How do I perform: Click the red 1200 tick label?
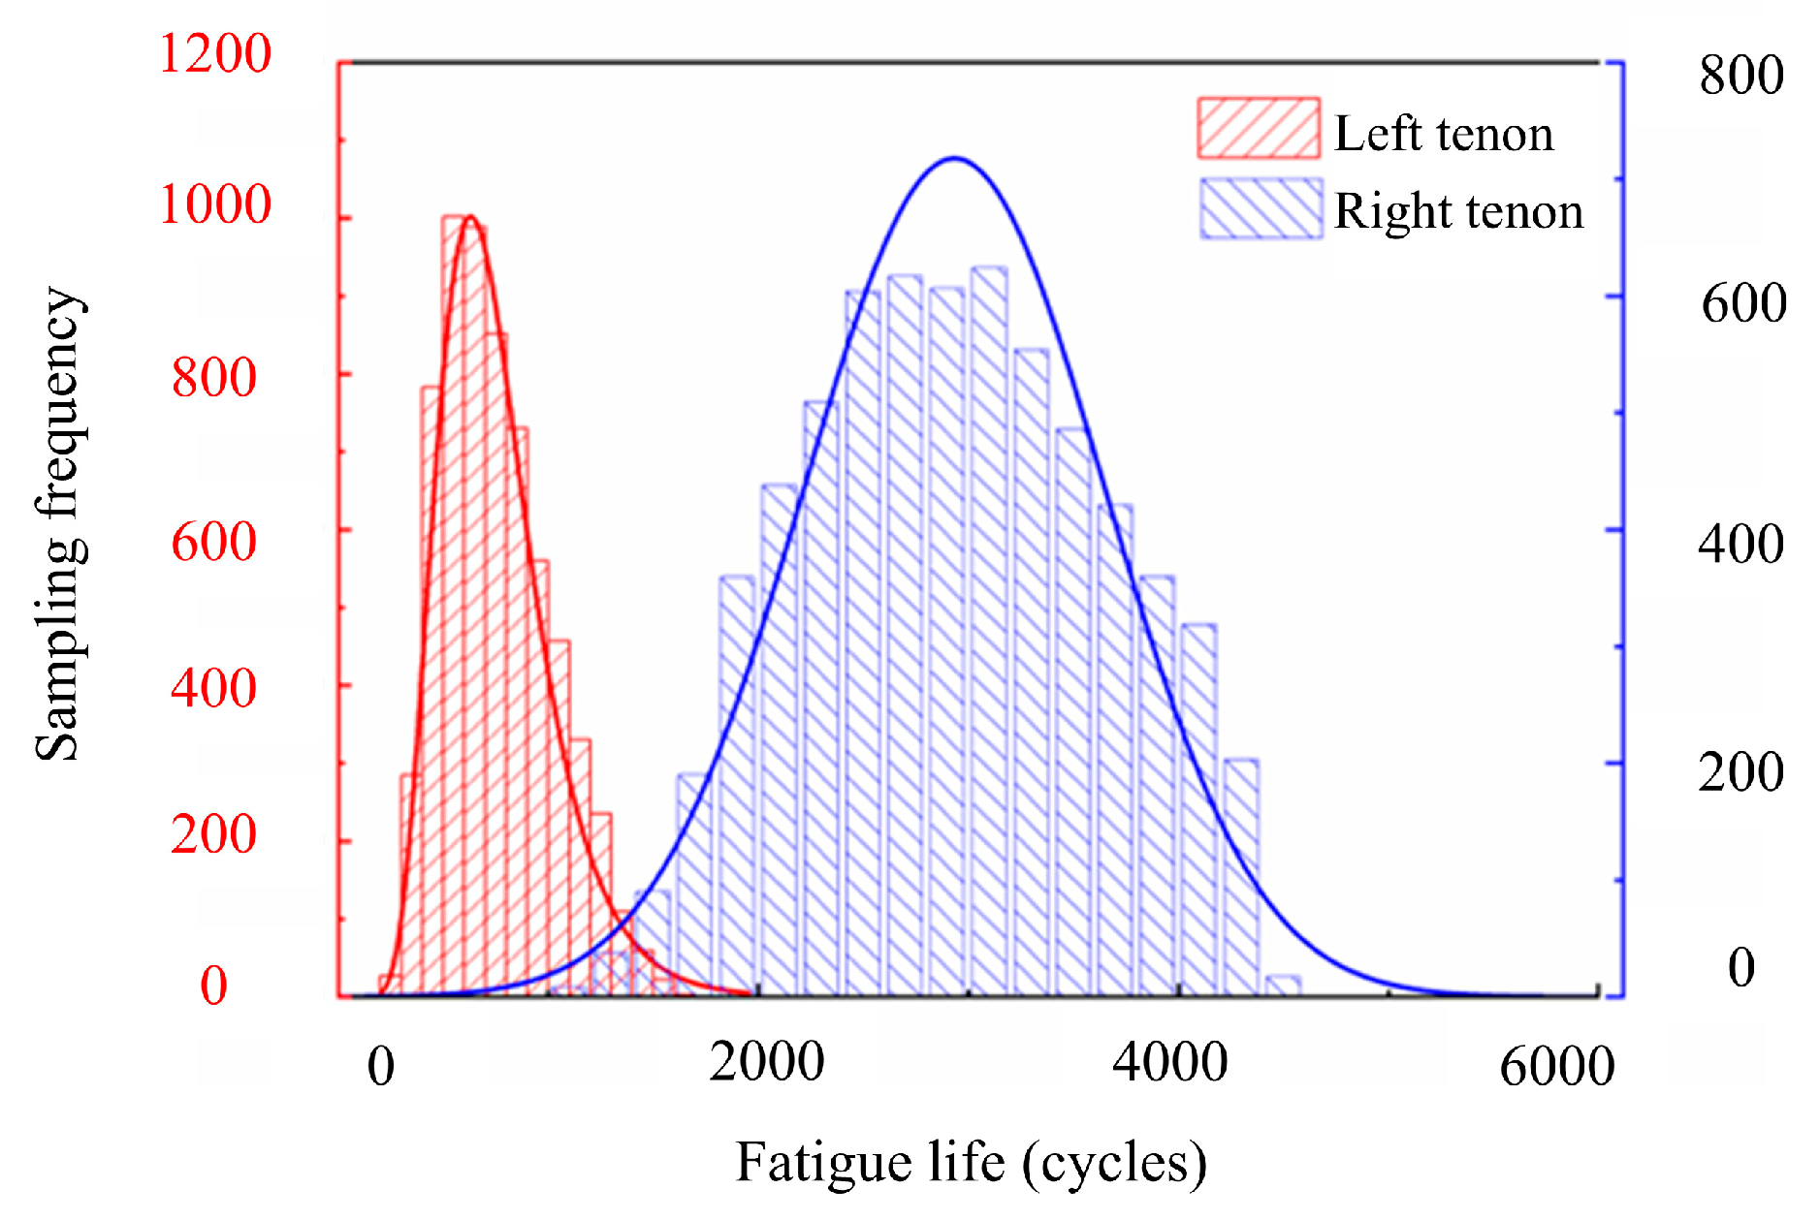(x=214, y=53)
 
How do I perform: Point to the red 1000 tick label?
(x=214, y=204)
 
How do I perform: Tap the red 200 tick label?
(x=213, y=833)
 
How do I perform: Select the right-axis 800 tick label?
(x=1741, y=75)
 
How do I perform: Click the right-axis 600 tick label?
(x=1743, y=303)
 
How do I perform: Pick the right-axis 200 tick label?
(x=1740, y=772)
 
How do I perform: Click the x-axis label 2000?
(x=766, y=1062)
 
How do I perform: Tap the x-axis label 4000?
(x=1170, y=1062)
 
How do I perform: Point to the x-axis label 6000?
(x=1557, y=1067)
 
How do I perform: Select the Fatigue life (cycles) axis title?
(x=972, y=1163)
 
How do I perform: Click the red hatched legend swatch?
(x=1259, y=127)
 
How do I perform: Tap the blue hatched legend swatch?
(x=1261, y=208)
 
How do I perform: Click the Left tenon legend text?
(x=1444, y=133)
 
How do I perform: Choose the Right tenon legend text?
(x=1458, y=211)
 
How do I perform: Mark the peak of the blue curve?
(x=954, y=158)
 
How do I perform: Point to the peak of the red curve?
(x=470, y=217)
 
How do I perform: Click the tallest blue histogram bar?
(x=988, y=631)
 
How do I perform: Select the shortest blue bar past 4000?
(x=1283, y=985)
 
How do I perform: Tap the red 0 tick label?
(x=213, y=985)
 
